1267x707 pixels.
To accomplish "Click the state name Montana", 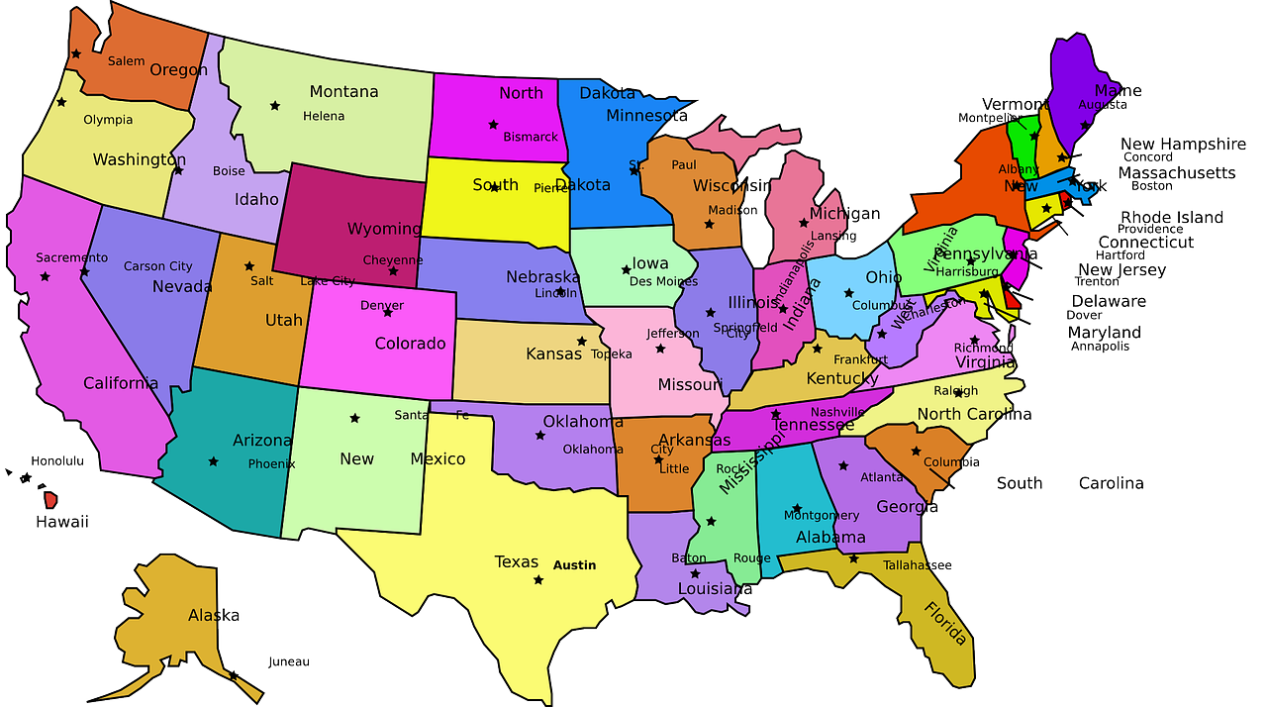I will pyautogui.click(x=343, y=92).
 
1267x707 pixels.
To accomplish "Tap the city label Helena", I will pyautogui.click(x=324, y=116).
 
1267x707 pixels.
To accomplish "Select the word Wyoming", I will pyautogui.click(x=383, y=229).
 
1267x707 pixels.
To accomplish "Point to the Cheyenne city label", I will pyautogui.click(x=393, y=260).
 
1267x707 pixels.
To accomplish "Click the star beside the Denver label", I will pyautogui.click(x=387, y=312).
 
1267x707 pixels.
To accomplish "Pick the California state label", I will pyautogui.click(x=121, y=383).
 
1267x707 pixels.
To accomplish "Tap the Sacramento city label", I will pyautogui.click(x=72, y=257).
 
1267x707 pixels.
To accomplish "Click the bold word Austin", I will pyautogui.click(x=574, y=565).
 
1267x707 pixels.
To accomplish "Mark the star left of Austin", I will pyautogui.click(x=538, y=579).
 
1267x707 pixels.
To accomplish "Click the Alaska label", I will pyautogui.click(x=214, y=616).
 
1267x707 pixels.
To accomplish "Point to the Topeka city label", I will pyautogui.click(x=612, y=353).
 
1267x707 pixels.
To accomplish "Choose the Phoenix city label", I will pyautogui.click(x=271, y=463).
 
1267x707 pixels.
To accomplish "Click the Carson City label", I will pyautogui.click(x=158, y=266).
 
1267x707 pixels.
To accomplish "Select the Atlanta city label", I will pyautogui.click(x=882, y=477).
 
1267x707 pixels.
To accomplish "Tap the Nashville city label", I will pyautogui.click(x=837, y=412).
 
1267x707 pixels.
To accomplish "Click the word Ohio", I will pyautogui.click(x=884, y=277).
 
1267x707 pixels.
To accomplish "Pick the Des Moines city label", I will pyautogui.click(x=663, y=281).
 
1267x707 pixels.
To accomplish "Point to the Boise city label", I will pyautogui.click(x=229, y=171).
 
